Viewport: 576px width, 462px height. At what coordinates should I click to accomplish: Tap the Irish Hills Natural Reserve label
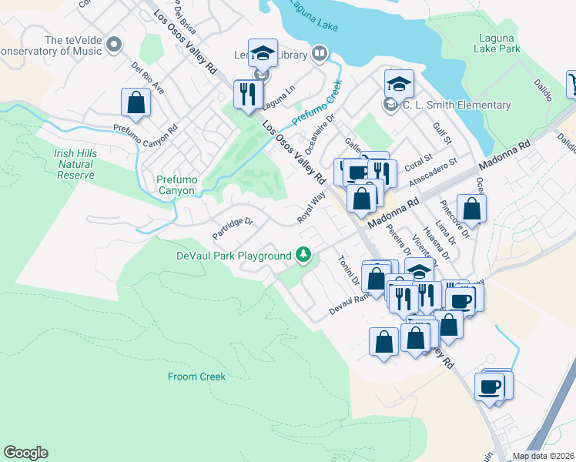75,164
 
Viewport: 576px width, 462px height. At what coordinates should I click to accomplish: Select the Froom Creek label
196,377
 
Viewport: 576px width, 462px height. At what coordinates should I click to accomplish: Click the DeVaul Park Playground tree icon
304,255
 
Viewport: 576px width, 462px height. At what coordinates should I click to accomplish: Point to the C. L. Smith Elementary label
455,105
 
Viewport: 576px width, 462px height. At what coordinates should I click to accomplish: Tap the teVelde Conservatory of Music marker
114,44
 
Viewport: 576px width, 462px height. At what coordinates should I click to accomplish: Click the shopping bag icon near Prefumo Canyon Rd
136,102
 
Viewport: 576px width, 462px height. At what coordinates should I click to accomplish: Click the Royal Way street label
311,209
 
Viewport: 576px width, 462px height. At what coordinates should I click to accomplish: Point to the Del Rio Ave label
148,78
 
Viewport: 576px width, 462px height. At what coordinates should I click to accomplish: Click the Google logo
25,453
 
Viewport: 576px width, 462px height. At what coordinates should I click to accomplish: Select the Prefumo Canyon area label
176,185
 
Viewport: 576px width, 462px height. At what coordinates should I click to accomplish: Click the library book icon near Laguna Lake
320,54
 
